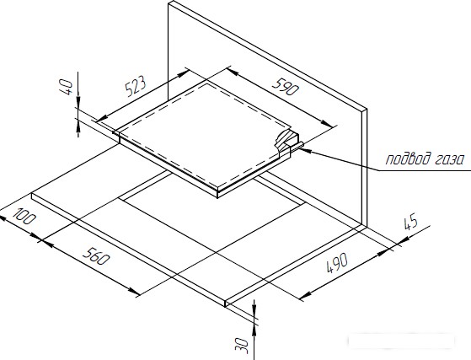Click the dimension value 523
click(x=136, y=87)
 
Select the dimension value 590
click(x=286, y=87)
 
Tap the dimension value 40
click(x=66, y=87)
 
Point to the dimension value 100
click(x=24, y=217)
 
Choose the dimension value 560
click(x=96, y=255)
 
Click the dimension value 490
click(x=337, y=263)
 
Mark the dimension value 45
click(x=410, y=222)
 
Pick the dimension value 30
click(x=242, y=346)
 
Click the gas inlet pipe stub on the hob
click(x=297, y=146)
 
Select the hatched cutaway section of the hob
click(x=286, y=139)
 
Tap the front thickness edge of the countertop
click(x=129, y=250)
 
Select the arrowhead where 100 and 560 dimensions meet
click(x=40, y=239)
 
